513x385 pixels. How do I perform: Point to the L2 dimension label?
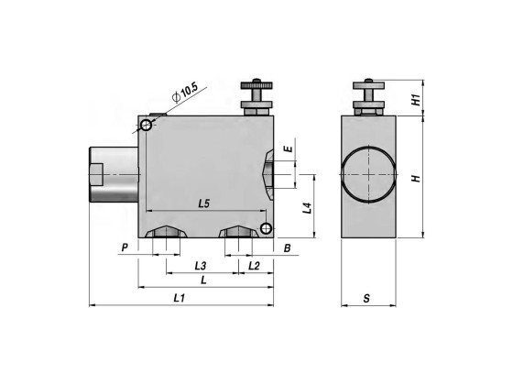click(255, 266)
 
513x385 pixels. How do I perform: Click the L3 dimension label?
click(201, 266)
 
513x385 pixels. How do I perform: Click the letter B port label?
click(287, 247)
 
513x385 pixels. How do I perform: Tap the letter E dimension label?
click(288, 148)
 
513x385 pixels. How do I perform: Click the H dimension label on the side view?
click(415, 177)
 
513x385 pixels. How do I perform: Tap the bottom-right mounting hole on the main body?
click(265, 227)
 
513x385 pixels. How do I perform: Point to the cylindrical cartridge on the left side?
click(113, 174)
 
